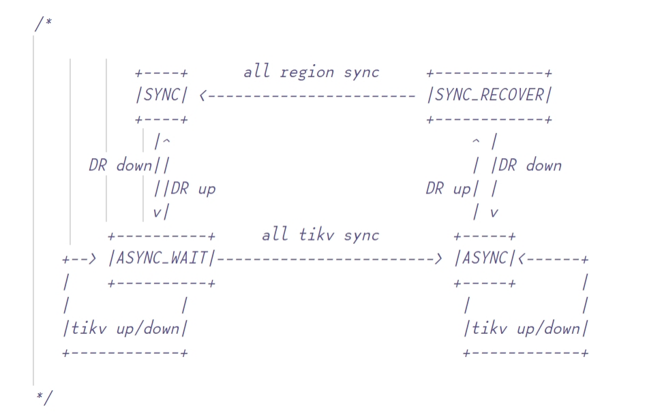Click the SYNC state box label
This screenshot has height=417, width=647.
click(161, 95)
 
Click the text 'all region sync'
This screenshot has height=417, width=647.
click(311, 72)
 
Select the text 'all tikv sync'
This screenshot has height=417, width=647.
click(320, 236)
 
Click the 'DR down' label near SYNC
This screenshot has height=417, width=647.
click(121, 166)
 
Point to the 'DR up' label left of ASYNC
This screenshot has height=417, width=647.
click(448, 189)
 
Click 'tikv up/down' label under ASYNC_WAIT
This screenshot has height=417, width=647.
click(125, 329)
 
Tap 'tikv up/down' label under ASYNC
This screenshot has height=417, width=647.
click(525, 329)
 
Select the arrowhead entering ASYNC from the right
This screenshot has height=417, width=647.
click(522, 259)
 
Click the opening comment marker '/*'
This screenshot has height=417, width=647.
click(43, 24)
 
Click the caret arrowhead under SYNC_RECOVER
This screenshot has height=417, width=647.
click(476, 142)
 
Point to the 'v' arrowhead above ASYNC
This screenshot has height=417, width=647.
click(494, 213)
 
